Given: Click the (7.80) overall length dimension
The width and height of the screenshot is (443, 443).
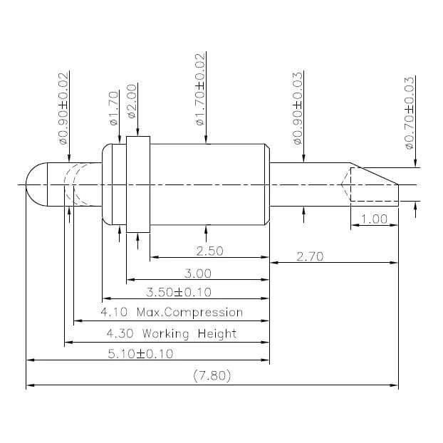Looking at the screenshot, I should [x=212, y=376].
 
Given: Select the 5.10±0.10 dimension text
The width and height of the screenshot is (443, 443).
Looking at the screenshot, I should [x=140, y=354].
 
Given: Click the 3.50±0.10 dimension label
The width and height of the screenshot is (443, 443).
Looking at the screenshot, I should [x=178, y=292].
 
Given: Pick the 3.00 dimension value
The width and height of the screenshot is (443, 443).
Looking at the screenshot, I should [x=197, y=273].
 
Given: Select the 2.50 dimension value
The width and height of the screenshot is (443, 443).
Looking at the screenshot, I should [x=209, y=251].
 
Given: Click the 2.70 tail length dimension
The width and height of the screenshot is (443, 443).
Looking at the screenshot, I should [x=310, y=256].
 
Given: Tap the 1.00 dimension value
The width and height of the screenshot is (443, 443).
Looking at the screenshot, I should [x=374, y=219].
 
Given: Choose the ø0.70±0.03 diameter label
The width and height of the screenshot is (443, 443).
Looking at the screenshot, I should [x=409, y=113].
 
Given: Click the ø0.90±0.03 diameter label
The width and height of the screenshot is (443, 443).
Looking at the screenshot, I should [x=298, y=108].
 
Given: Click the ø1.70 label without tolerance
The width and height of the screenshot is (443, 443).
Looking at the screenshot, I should [x=113, y=108].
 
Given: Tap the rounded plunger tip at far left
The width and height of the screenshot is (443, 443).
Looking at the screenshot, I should [x=34, y=184].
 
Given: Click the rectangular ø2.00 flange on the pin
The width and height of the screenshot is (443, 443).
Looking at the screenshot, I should [x=138, y=184].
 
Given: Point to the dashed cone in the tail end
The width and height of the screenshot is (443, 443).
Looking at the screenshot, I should [x=346, y=184].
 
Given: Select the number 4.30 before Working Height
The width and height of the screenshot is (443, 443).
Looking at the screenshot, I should [x=118, y=333].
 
